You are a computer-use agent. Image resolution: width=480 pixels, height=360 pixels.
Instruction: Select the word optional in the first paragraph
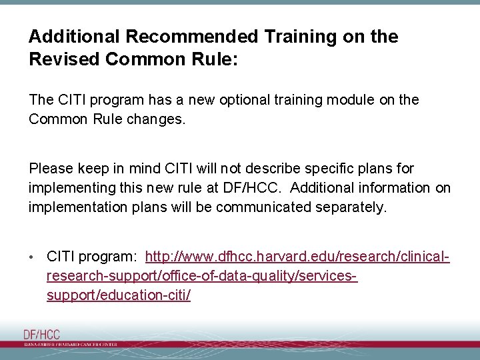(x=237, y=100)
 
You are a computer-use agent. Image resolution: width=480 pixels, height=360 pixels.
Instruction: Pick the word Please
(x=51, y=169)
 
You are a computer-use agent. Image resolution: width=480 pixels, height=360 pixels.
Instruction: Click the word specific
(x=336, y=169)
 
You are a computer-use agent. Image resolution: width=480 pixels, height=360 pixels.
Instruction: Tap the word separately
(x=350, y=207)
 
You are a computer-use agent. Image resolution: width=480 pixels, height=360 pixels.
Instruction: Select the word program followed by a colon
(x=108, y=257)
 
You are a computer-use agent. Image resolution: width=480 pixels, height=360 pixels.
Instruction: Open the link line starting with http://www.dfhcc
(x=297, y=257)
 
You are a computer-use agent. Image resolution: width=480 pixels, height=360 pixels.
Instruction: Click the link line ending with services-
(x=202, y=276)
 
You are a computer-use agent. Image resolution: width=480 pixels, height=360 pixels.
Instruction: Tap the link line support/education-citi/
(x=119, y=295)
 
